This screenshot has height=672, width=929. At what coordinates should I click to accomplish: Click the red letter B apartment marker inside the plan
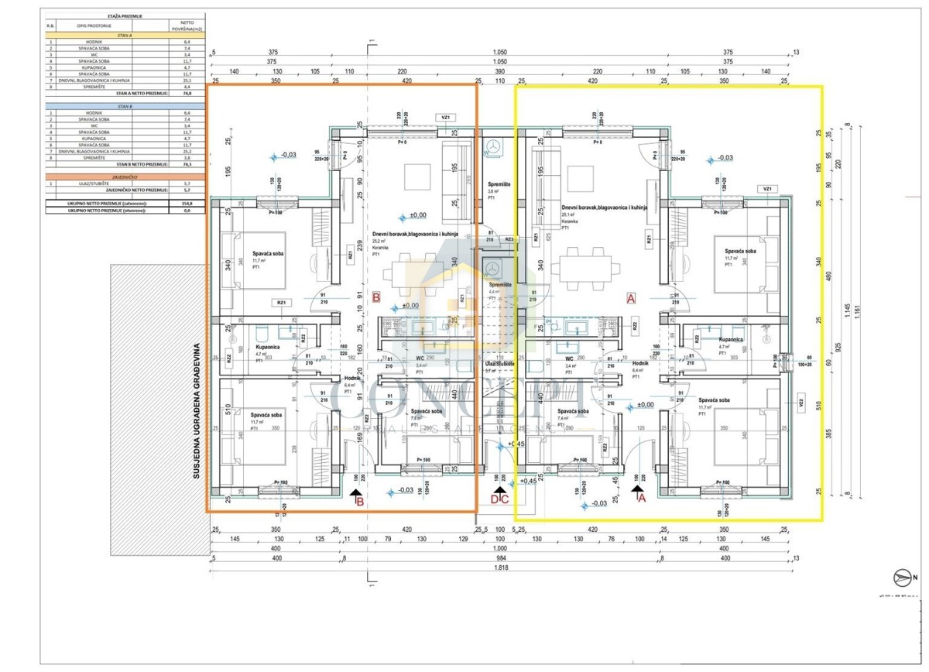376,297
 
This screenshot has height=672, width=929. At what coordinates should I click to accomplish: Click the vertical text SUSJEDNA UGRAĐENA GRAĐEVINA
197,410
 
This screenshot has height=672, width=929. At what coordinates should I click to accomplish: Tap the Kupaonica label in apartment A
732,340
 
